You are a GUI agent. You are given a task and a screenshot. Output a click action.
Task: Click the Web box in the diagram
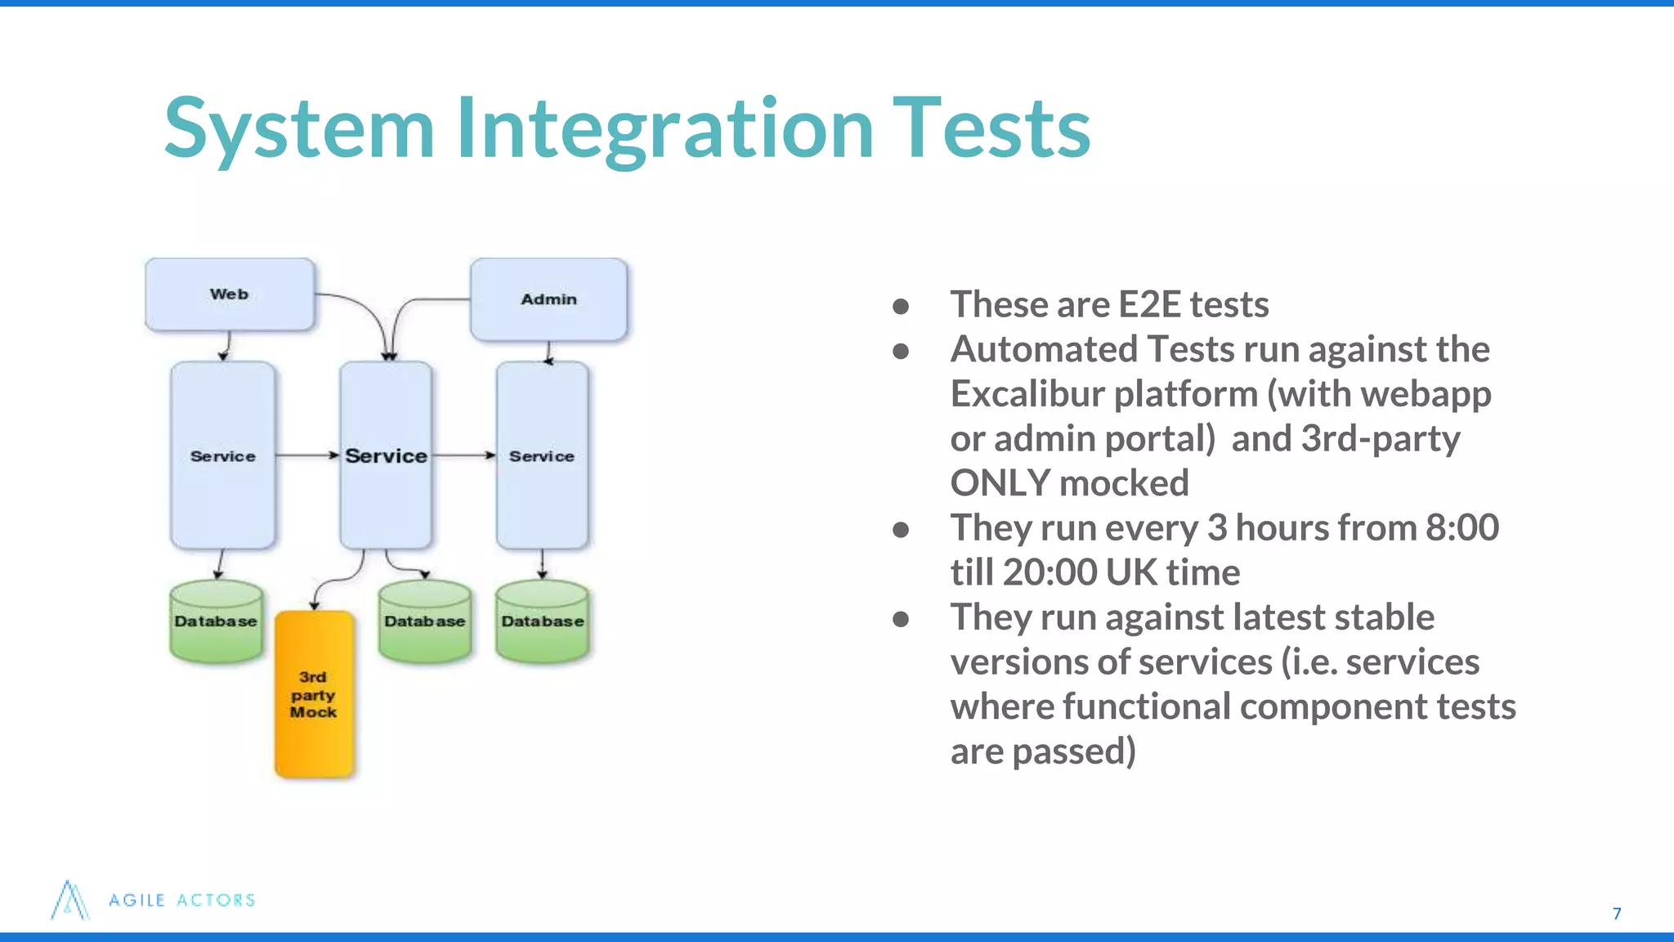coord(229,294)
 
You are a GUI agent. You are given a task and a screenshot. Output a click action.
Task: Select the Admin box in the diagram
coord(548,299)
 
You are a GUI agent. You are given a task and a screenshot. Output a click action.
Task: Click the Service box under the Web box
coord(222,455)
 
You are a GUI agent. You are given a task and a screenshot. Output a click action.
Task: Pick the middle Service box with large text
coord(386,455)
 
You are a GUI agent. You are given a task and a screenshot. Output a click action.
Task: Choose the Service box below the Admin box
coord(541,455)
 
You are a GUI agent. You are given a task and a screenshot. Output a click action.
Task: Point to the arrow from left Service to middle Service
coord(307,455)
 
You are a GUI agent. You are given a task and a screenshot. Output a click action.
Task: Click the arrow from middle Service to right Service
coord(463,455)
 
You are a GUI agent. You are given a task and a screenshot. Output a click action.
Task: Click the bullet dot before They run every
coord(901,530)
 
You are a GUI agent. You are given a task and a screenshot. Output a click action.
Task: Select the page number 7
coord(1616,913)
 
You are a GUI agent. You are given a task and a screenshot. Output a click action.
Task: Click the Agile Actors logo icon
coord(69,900)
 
